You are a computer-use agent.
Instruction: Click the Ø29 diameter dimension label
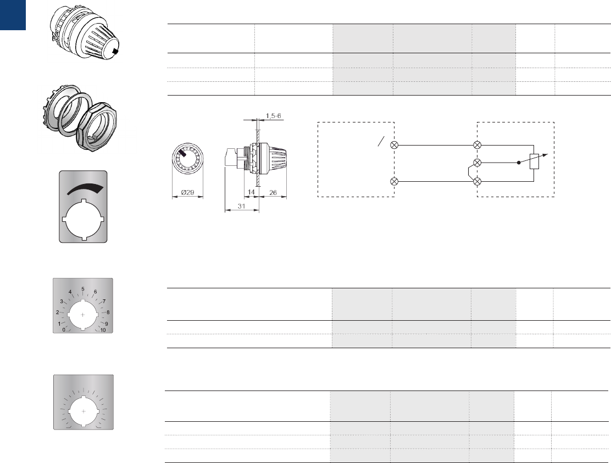(x=187, y=192)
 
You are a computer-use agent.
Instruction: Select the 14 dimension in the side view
(x=251, y=192)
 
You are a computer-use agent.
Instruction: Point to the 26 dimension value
(x=273, y=192)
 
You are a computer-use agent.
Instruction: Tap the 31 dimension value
(x=241, y=206)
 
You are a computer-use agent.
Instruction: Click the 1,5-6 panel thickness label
(x=273, y=116)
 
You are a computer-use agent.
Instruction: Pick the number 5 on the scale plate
(x=83, y=289)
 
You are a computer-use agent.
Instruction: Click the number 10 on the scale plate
(x=103, y=330)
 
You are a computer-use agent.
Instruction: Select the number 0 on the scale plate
(x=64, y=330)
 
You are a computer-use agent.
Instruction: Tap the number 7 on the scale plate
(x=104, y=302)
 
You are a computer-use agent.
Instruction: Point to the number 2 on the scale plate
(x=58, y=313)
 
